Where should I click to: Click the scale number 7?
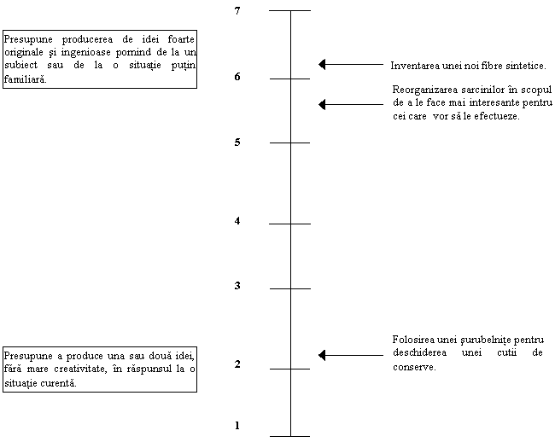237,11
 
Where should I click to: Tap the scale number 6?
237,77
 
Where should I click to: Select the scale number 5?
237,143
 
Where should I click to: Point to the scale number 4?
237,221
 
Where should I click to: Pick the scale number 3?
237,286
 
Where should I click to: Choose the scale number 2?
237,364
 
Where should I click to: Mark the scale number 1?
237,425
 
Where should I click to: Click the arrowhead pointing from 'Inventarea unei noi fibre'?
322,64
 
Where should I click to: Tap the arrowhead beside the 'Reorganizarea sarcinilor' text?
322,104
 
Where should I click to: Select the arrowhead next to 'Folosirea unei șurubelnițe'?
322,355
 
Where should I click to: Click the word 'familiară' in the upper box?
25,79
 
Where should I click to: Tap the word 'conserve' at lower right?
414,367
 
